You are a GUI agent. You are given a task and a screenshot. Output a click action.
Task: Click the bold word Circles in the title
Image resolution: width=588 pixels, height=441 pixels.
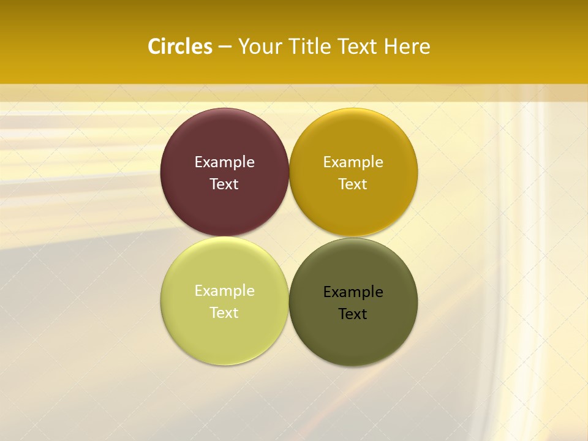(180, 47)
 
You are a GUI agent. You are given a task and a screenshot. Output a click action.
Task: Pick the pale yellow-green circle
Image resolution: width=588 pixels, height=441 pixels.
(224, 334)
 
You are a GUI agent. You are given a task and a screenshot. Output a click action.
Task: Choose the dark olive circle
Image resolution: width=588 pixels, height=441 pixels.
(353, 336)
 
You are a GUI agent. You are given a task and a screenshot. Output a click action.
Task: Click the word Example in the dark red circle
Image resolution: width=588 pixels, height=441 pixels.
(224, 162)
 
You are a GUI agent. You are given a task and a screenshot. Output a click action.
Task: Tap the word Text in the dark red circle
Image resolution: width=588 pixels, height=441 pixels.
(224, 184)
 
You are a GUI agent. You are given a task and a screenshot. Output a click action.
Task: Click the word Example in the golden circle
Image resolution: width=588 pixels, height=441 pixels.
(353, 162)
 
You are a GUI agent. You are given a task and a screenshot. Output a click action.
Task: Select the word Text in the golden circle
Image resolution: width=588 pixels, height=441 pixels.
(353, 184)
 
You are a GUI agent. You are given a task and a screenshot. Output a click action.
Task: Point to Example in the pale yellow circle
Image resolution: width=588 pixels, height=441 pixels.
(224, 291)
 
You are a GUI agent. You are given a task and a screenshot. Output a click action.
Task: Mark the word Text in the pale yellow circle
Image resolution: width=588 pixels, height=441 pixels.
(224, 313)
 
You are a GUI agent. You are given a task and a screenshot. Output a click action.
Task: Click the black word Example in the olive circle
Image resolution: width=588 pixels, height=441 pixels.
(353, 292)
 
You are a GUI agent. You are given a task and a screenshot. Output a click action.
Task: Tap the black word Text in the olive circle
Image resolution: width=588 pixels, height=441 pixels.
(353, 314)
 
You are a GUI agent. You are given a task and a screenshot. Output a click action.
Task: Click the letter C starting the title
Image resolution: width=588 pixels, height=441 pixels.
(154, 47)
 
